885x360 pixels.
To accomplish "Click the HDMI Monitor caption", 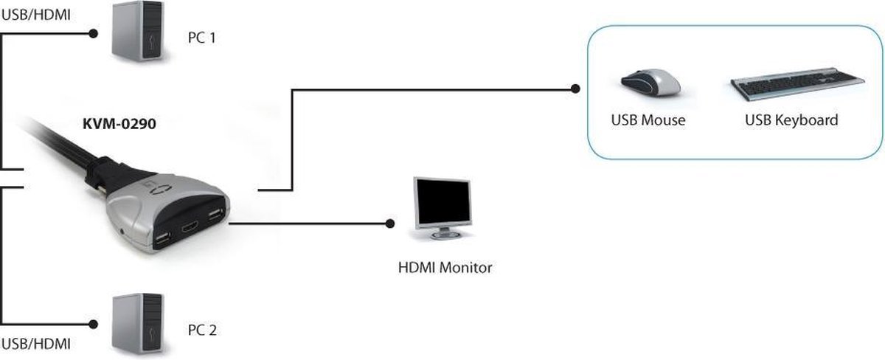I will (x=444, y=268).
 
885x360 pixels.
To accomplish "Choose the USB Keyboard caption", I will (x=791, y=120).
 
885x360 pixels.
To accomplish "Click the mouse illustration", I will (x=649, y=82).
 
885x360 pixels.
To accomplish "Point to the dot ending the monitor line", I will (x=389, y=222).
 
